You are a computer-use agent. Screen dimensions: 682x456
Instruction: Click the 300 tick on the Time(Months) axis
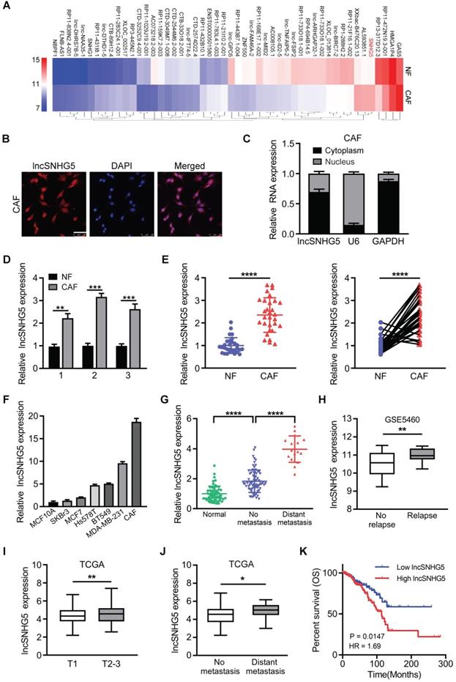(x=441, y=667)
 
